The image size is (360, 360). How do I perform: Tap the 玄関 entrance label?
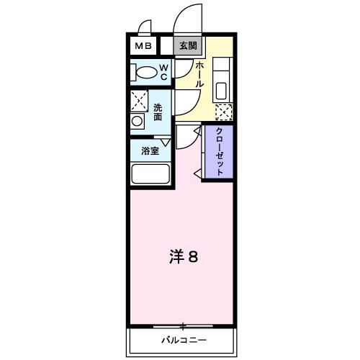(188, 46)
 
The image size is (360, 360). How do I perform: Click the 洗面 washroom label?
(158, 112)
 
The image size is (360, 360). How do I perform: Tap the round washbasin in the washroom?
(137, 122)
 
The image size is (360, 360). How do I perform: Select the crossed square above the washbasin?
(139, 101)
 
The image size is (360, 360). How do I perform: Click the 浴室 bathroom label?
(150, 151)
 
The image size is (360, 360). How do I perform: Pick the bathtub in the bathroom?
(150, 174)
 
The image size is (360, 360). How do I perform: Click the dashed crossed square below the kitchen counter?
(224, 112)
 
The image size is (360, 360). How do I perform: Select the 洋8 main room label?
(184, 256)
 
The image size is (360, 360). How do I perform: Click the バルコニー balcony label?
(183, 339)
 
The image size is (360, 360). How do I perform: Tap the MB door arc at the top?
(144, 27)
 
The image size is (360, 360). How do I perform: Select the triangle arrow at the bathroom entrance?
(166, 143)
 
